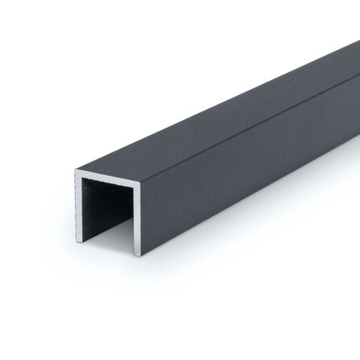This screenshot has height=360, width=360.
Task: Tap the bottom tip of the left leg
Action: [x=79, y=241]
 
